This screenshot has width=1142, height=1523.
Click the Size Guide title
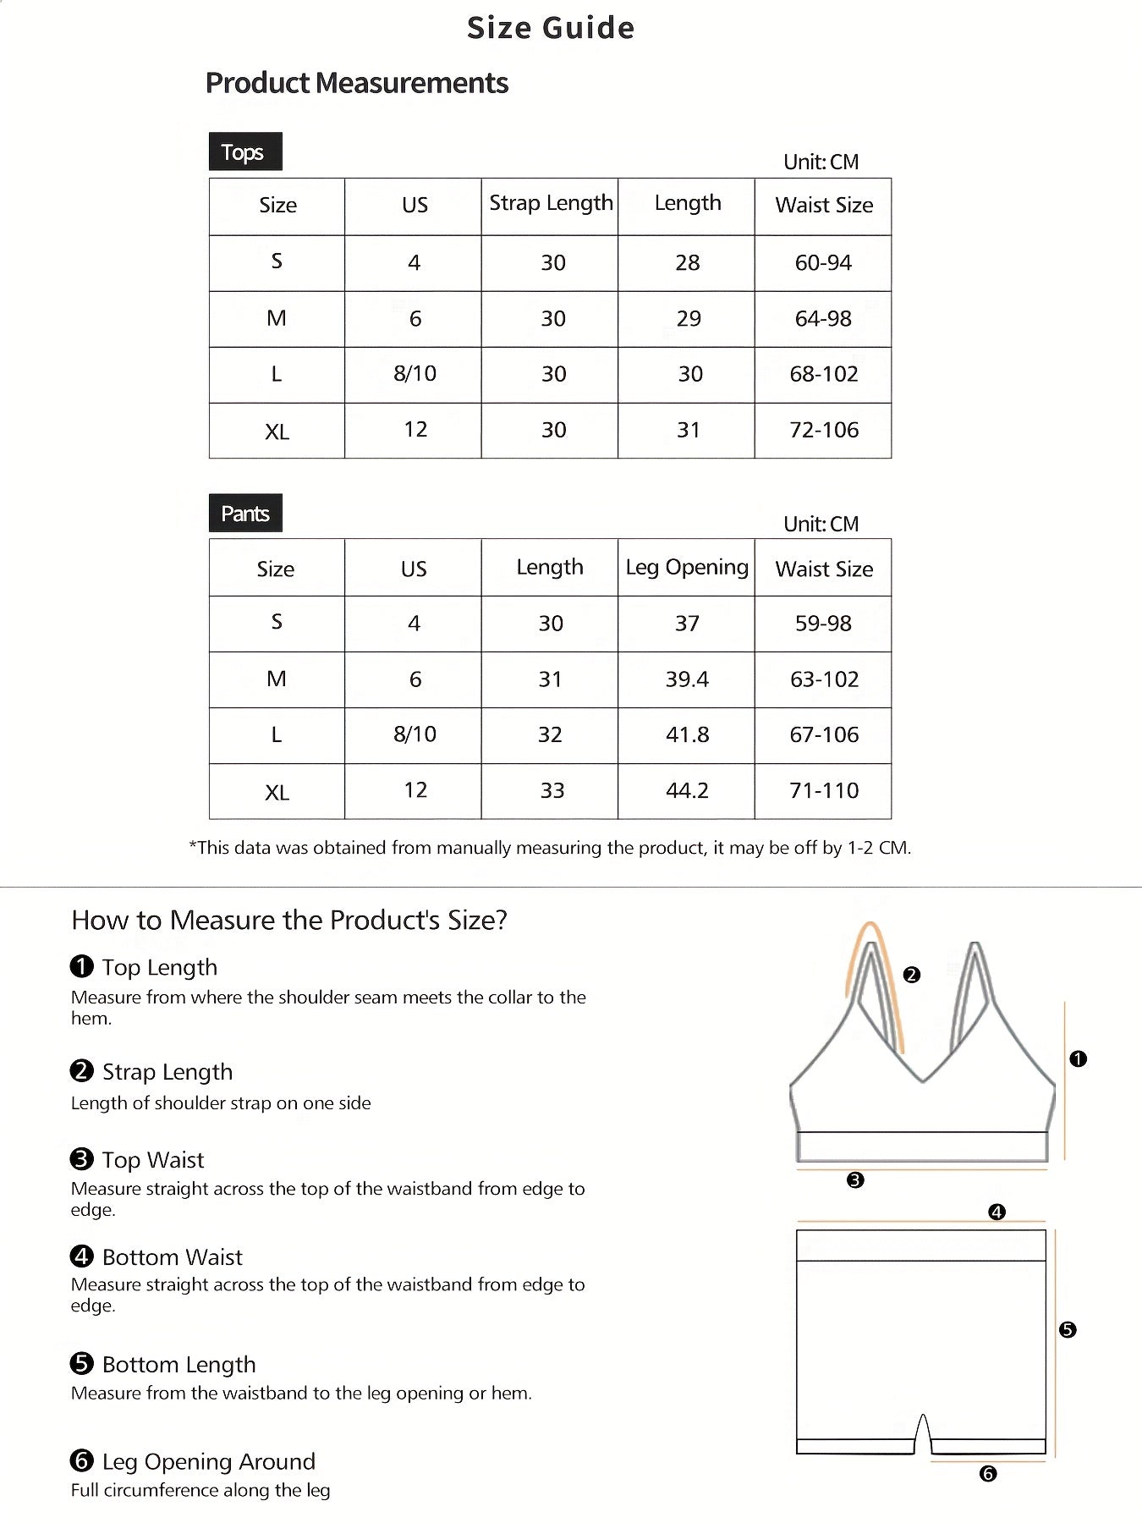(x=551, y=28)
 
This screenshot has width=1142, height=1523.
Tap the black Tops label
(x=244, y=152)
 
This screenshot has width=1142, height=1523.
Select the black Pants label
(x=244, y=514)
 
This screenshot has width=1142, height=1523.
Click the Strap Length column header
(x=551, y=204)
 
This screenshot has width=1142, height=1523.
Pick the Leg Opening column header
(x=687, y=567)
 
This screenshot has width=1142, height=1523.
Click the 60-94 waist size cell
(x=823, y=263)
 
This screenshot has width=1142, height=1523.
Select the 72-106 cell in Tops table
(x=823, y=430)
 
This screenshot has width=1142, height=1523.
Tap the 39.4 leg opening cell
(x=687, y=679)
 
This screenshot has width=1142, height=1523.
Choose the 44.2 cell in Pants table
(x=687, y=790)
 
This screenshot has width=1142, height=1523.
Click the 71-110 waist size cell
(x=823, y=790)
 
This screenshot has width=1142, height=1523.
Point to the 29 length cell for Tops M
(x=688, y=319)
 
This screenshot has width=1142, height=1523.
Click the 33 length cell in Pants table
(x=552, y=790)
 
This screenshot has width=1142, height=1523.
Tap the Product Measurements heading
(x=356, y=83)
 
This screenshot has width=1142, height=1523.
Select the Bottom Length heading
(x=178, y=1364)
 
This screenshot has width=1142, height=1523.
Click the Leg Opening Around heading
(x=208, y=1461)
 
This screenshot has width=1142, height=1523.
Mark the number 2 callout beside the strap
(x=911, y=975)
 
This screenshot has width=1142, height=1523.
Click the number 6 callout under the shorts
(x=987, y=1474)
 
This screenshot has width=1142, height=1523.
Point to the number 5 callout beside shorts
(x=1068, y=1330)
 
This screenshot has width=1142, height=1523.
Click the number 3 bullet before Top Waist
(x=81, y=1158)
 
